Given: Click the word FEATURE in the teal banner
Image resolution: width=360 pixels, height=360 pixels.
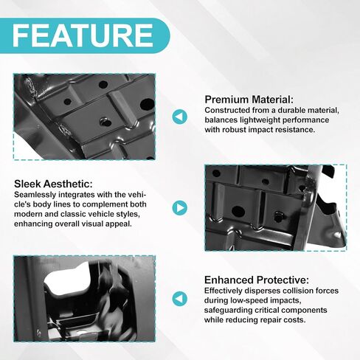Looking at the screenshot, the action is pos(83,35).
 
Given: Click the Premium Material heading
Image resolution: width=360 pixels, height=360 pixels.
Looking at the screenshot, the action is pos(249,100).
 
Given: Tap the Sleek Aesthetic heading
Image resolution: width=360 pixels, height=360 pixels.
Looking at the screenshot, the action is pos(53,184).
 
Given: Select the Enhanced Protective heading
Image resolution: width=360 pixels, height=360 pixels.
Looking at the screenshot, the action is pos(257,280).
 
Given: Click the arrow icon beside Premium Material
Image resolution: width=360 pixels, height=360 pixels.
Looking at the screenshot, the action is pos(180,117).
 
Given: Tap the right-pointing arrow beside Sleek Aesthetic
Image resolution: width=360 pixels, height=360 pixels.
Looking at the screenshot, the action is pos(180,208).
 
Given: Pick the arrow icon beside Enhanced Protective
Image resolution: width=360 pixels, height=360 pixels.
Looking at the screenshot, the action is pos(180,299).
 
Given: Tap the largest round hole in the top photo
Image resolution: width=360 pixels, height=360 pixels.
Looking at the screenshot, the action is pos(148,104).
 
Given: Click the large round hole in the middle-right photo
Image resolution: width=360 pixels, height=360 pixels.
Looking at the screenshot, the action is pos(238,211).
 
